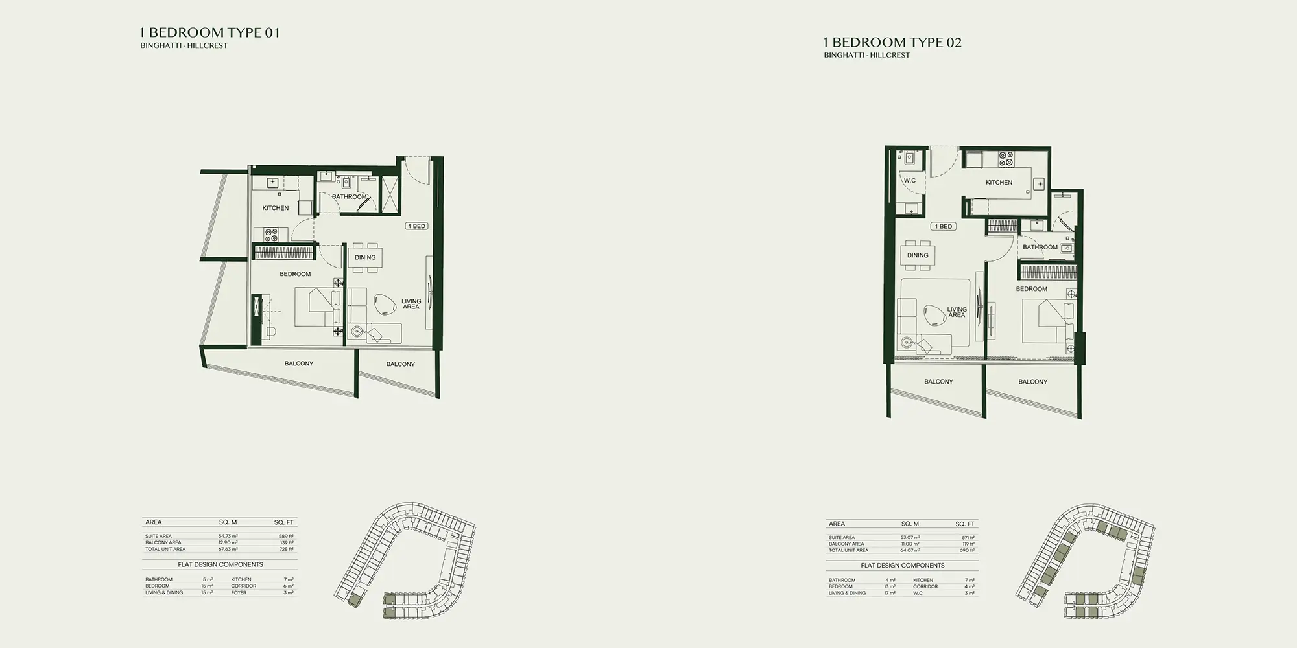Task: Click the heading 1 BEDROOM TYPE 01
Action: [209, 32]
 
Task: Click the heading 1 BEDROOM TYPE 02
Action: [892, 43]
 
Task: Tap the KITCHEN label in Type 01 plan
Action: [275, 208]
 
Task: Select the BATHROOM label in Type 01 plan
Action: [349, 196]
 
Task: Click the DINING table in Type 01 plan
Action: [365, 257]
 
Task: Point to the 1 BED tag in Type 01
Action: [416, 226]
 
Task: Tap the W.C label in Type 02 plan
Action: [909, 181]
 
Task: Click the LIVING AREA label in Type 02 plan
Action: [957, 312]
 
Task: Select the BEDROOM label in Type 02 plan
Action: [1031, 289]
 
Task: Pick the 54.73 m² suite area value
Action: [228, 537]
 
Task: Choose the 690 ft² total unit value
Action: [967, 550]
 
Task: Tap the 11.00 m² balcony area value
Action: [910, 544]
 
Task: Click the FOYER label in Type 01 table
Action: [239, 592]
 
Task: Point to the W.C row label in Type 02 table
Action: [918, 593]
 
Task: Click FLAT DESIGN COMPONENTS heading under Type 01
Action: [220, 564]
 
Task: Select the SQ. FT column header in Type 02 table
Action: [964, 524]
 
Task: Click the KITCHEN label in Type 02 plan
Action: [999, 183]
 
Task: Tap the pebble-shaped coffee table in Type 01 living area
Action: [387, 305]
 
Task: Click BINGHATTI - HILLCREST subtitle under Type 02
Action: [866, 56]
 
